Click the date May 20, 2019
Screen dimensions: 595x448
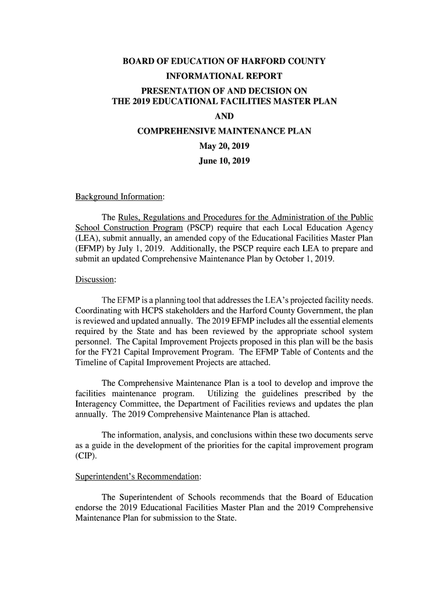224,146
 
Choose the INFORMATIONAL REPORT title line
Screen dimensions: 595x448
224,76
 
